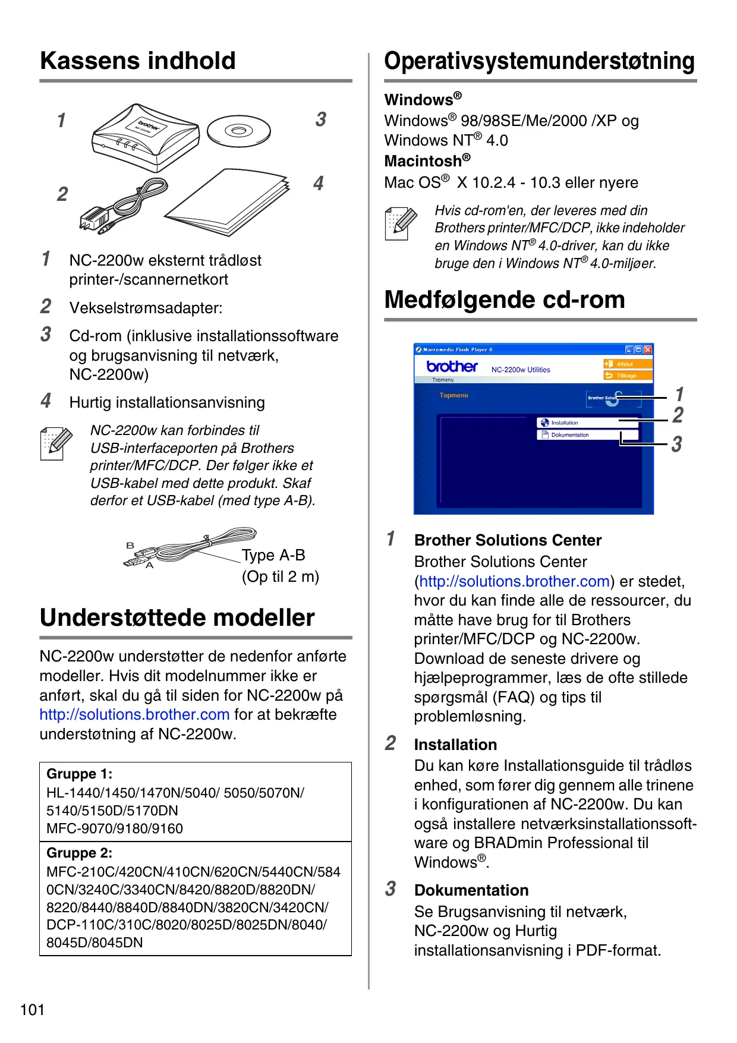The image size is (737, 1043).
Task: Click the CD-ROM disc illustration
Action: click(x=238, y=131)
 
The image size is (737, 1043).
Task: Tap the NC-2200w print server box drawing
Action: click(x=145, y=137)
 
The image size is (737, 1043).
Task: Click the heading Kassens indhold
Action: click(x=138, y=61)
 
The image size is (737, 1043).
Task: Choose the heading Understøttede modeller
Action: click(x=177, y=618)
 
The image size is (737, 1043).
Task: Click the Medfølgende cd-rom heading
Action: click(x=505, y=300)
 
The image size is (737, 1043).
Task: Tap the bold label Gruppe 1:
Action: click(x=80, y=774)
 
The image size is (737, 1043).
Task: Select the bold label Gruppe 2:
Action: click(x=80, y=853)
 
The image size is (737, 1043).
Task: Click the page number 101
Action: click(x=32, y=1010)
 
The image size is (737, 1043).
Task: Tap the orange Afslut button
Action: click(x=628, y=364)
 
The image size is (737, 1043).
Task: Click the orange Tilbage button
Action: click(x=628, y=376)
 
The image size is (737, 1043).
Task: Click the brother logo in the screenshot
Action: click(x=452, y=367)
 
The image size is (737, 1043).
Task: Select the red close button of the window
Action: click(x=648, y=350)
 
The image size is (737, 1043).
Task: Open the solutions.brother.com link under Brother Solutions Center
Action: click(x=515, y=581)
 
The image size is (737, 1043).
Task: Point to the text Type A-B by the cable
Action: click(x=273, y=555)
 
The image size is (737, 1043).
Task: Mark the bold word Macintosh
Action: click(x=423, y=161)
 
